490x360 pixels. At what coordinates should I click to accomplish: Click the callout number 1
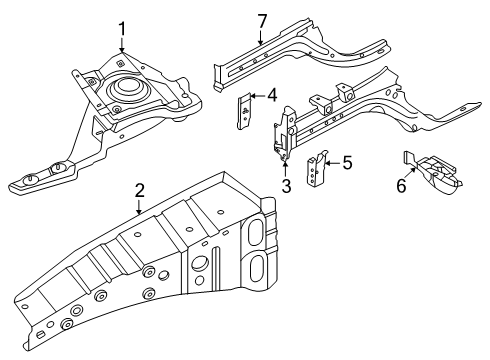pos(122,29)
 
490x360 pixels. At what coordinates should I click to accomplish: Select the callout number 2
pos(140,191)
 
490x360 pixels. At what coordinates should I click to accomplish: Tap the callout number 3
pos(286,186)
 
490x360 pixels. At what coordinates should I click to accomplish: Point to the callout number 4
pos(272,96)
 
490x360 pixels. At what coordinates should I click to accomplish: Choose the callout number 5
pos(347,163)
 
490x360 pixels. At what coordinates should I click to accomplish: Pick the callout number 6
pos(401,185)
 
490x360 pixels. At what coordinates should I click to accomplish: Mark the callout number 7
pos(262,21)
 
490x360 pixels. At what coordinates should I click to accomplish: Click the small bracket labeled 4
pos(244,111)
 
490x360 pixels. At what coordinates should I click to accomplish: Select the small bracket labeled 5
pos(316,169)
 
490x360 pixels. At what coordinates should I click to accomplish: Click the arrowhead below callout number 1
pos(122,50)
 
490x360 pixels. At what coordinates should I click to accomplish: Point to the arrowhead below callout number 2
pos(140,211)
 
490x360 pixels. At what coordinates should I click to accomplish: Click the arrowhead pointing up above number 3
pos(286,163)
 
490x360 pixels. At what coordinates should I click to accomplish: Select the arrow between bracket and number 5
pos(332,163)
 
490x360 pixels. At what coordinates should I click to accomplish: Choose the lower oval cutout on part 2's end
pos(258,269)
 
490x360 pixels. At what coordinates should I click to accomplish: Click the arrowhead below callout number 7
pos(262,42)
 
